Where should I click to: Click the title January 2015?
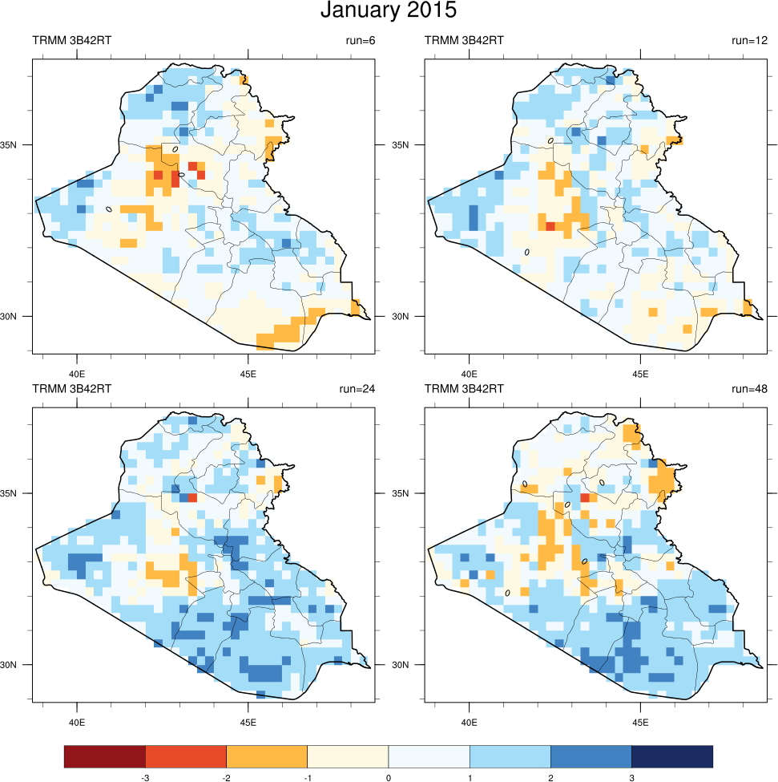[389, 11]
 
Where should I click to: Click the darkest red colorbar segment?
[105, 756]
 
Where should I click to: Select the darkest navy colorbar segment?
[672, 756]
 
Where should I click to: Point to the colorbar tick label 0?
[389, 776]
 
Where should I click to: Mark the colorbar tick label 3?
[631, 776]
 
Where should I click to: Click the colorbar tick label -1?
[307, 776]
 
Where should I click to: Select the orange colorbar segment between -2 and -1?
[267, 756]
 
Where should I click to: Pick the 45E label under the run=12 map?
[640, 373]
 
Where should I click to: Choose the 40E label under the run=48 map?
[470, 722]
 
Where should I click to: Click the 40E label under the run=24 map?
[77, 722]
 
